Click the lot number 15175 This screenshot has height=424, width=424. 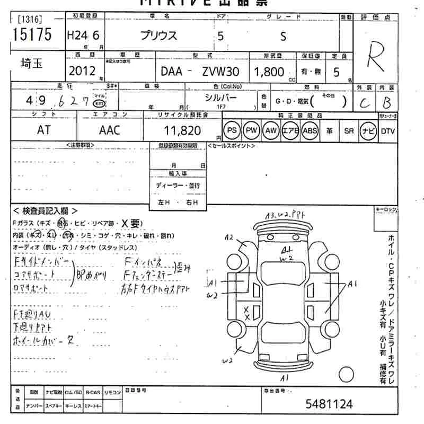[31, 35]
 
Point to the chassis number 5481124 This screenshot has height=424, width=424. [329, 404]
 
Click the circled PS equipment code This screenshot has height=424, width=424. [232, 130]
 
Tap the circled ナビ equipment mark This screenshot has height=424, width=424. [367, 130]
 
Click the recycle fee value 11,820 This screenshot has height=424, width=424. [182, 130]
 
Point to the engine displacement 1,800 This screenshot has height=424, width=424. [270, 71]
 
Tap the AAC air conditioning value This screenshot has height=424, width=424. [109, 130]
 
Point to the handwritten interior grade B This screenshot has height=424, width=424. [387, 102]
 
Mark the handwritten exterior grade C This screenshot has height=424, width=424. [364, 103]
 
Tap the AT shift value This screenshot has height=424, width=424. [44, 130]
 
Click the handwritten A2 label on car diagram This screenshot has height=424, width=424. [229, 237]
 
